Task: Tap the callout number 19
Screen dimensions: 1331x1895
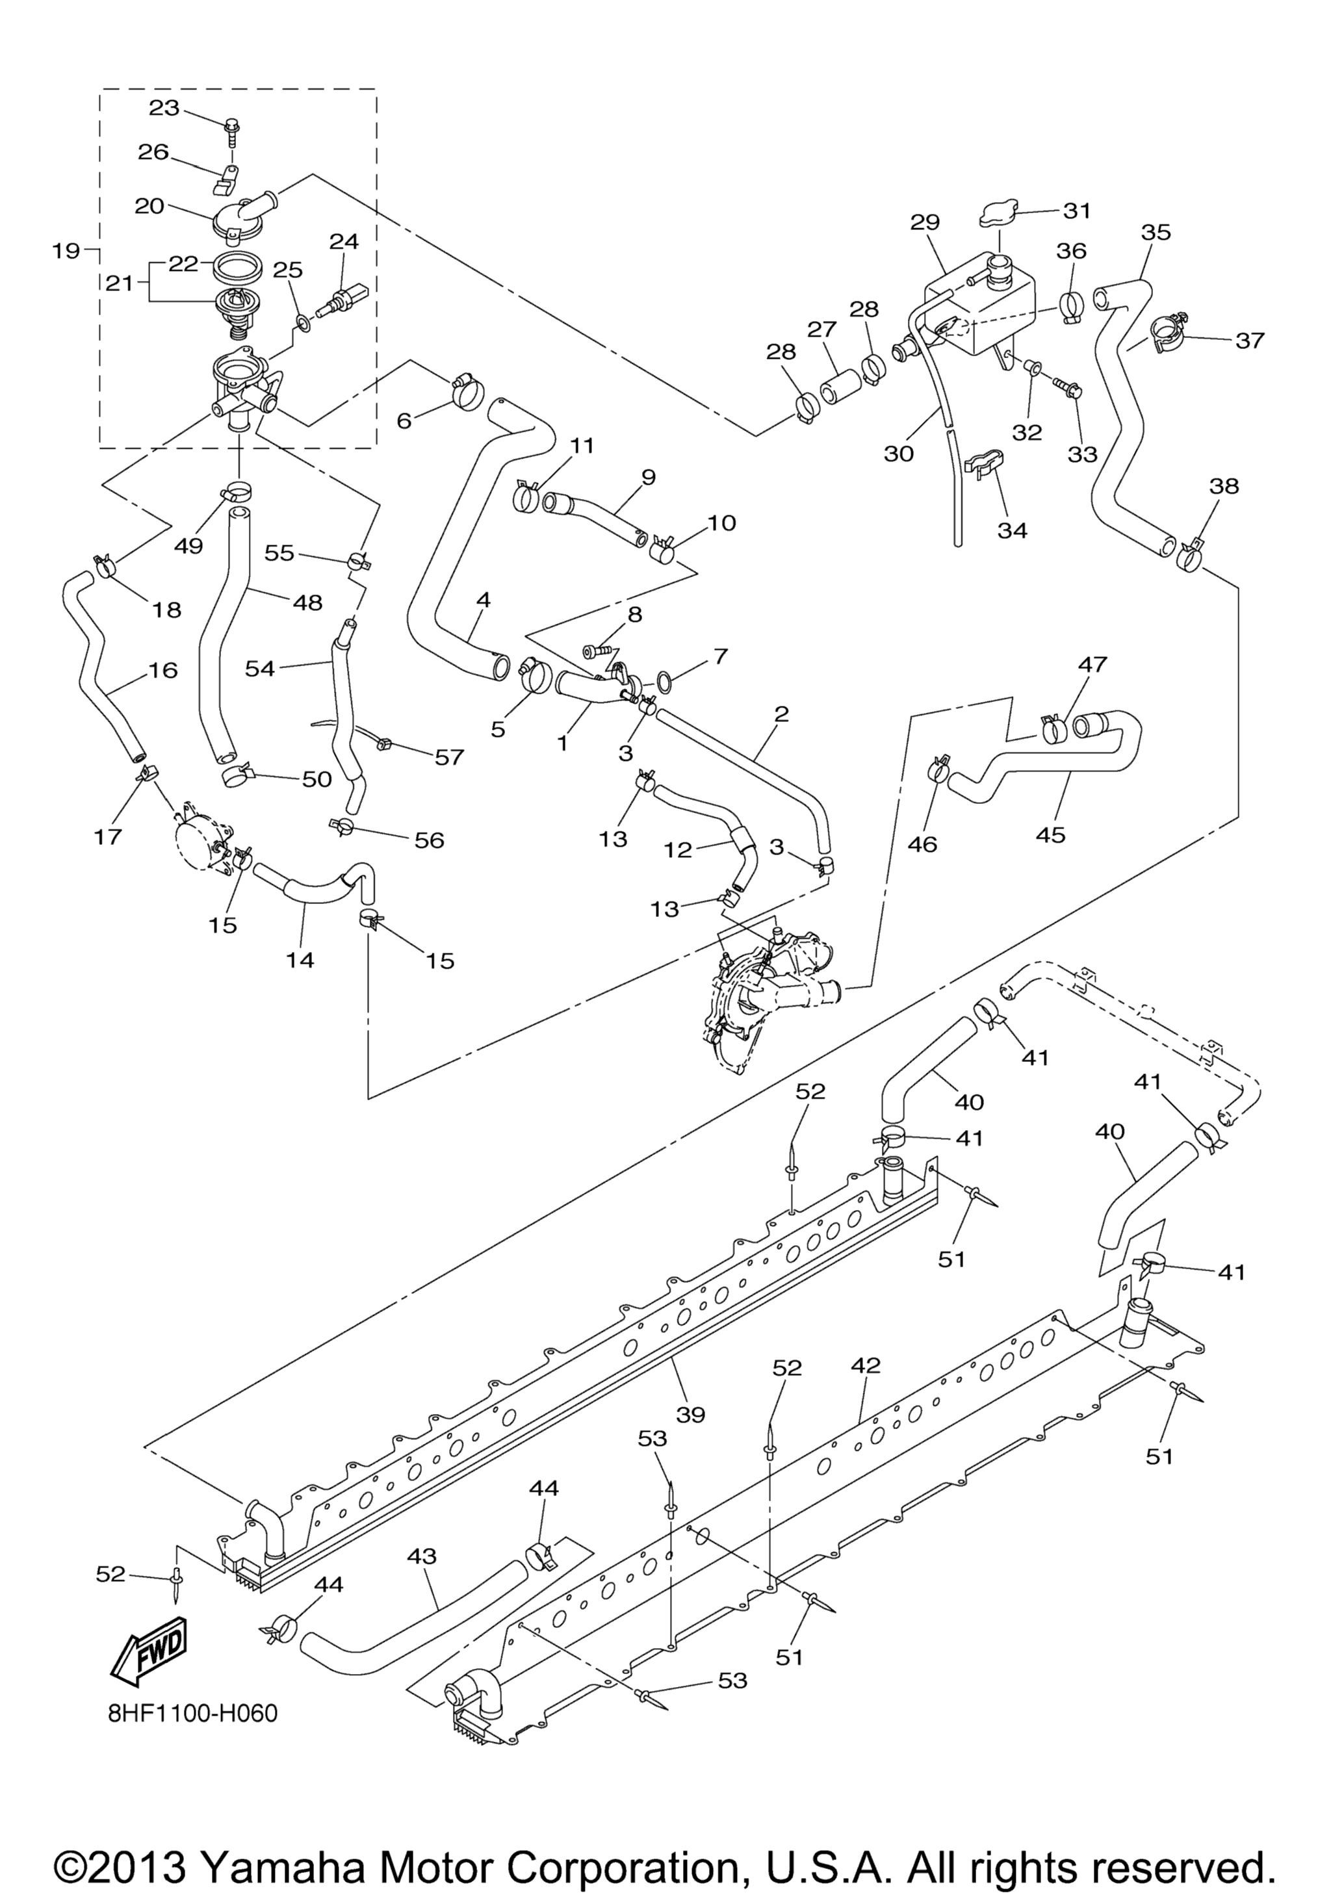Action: [66, 250]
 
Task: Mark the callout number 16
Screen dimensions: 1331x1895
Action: [162, 669]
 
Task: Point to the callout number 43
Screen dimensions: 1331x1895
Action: [422, 1556]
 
